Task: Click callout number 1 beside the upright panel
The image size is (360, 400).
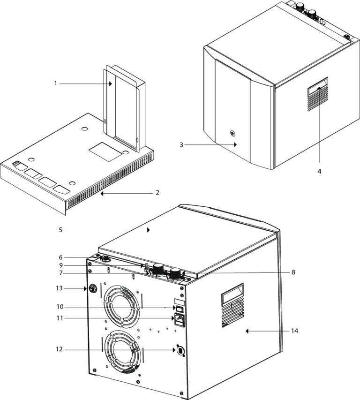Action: tap(55, 83)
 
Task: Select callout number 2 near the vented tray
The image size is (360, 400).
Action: tap(157, 192)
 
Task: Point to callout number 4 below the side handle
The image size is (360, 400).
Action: tap(319, 171)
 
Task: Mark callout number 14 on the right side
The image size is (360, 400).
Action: tap(294, 331)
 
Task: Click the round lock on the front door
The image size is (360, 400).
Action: tap(232, 133)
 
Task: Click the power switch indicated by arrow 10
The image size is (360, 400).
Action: tap(179, 308)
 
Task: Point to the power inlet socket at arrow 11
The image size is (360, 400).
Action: tap(180, 320)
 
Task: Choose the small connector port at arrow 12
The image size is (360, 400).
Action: tap(179, 350)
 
